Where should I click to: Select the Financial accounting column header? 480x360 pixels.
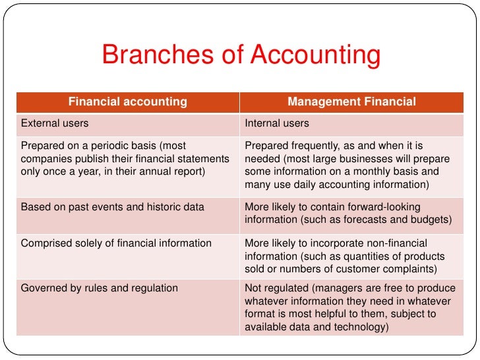[128, 102]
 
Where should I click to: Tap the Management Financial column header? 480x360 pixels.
[351, 102]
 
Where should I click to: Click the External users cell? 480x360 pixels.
[55, 123]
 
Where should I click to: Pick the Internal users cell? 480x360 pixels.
[277, 123]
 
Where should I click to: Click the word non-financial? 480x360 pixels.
[396, 243]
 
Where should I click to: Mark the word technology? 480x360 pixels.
[357, 326]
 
